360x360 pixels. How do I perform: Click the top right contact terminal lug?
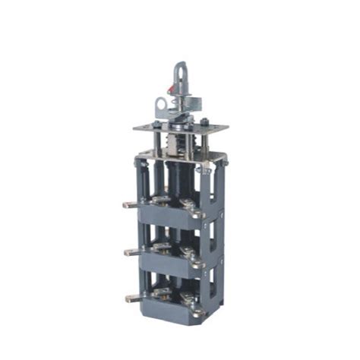(199, 214)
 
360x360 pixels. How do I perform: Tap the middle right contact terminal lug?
(199, 264)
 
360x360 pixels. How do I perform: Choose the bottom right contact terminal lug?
(199, 311)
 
